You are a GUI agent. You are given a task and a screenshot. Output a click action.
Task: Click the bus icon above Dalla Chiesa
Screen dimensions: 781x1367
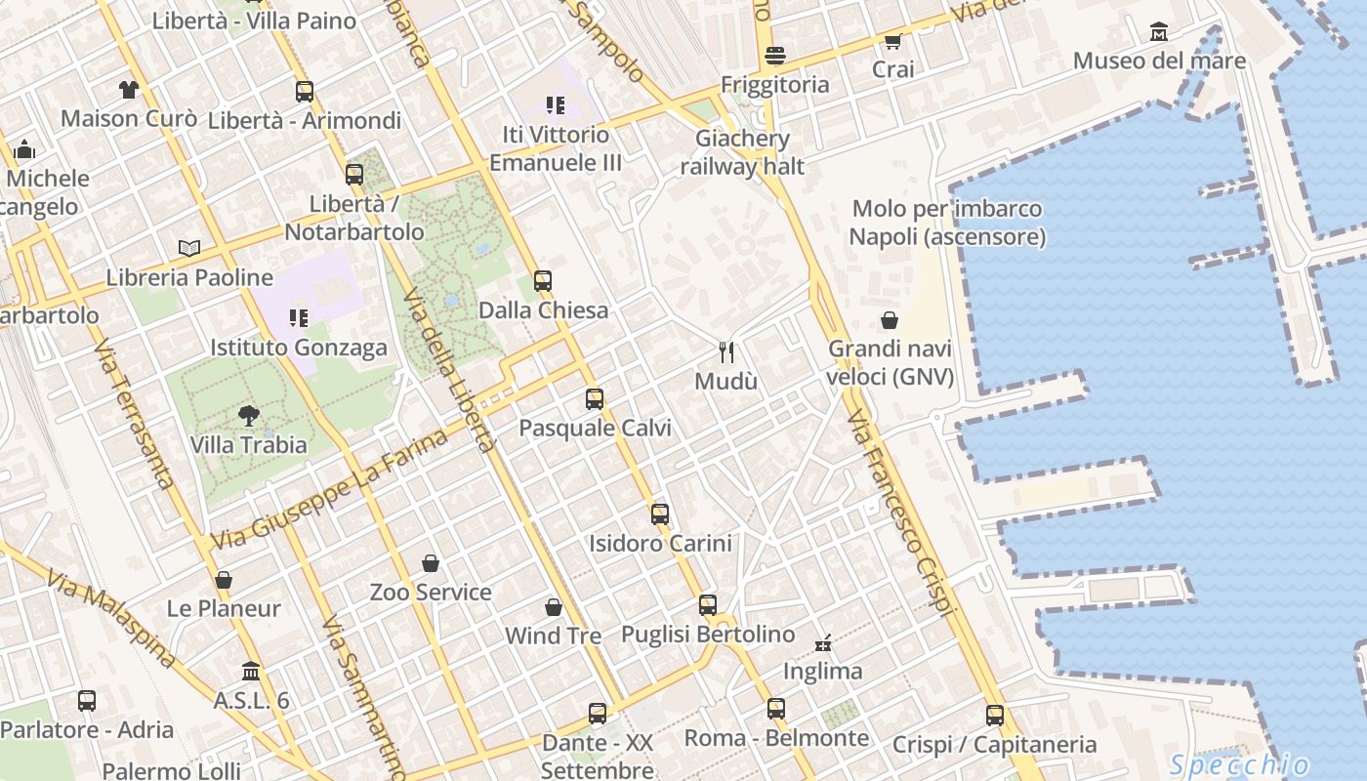pyautogui.click(x=543, y=281)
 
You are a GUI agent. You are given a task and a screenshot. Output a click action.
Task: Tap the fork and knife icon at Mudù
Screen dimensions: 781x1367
pyautogui.click(x=725, y=351)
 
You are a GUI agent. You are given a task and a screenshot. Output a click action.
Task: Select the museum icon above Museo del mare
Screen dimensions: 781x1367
pyautogui.click(x=1159, y=32)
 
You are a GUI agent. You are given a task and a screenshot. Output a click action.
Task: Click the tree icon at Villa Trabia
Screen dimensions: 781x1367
pyautogui.click(x=249, y=416)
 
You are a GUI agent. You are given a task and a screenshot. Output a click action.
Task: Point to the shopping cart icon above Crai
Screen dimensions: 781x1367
pyautogui.click(x=892, y=41)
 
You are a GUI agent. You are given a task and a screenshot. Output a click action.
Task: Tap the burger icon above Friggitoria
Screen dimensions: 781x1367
pyautogui.click(x=775, y=56)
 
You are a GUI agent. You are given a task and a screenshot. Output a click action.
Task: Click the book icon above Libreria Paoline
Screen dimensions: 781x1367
pyautogui.click(x=189, y=248)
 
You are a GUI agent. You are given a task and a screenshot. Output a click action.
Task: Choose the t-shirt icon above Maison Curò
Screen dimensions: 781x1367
pyautogui.click(x=129, y=90)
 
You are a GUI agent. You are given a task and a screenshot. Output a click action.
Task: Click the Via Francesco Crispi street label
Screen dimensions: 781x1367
pyautogui.click(x=899, y=513)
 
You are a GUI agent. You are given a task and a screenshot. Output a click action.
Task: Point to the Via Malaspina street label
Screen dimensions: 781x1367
pyautogui.click(x=111, y=621)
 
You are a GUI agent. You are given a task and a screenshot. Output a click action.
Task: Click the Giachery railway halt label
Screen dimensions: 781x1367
pyautogui.click(x=742, y=152)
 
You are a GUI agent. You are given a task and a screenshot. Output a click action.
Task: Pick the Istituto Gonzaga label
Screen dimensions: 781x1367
pyautogui.click(x=299, y=348)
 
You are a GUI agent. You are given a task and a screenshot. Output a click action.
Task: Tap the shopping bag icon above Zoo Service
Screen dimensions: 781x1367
pyautogui.click(x=431, y=563)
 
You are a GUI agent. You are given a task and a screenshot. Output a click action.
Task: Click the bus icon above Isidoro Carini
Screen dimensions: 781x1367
pyautogui.click(x=660, y=514)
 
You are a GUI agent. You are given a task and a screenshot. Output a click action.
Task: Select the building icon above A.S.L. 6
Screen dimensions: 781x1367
pyautogui.click(x=251, y=672)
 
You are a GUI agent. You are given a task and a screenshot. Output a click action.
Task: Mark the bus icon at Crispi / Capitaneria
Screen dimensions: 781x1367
pyautogui.click(x=995, y=716)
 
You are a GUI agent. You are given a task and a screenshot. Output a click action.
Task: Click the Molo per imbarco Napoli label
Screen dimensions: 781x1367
pyautogui.click(x=946, y=223)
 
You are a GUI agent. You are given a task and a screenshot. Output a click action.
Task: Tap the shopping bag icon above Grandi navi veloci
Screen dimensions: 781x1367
pyautogui.click(x=890, y=320)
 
